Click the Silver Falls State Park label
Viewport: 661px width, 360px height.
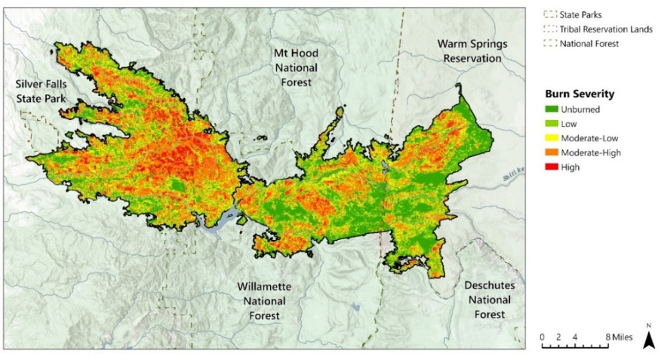(41, 91)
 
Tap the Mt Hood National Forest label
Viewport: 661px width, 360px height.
(296, 68)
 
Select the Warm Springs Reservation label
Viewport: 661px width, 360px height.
(472, 51)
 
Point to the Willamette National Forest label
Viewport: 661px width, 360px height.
(264, 301)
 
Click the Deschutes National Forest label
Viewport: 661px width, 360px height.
(489, 300)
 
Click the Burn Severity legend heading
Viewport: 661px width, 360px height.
(579, 94)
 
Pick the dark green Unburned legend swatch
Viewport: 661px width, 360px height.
(552, 110)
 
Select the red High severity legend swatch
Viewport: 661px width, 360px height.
(552, 167)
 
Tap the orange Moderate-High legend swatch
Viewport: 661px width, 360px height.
(552, 153)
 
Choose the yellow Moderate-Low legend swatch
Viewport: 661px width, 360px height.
(552, 138)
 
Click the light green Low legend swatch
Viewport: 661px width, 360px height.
(552, 124)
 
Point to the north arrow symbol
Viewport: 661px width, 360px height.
(649, 338)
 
